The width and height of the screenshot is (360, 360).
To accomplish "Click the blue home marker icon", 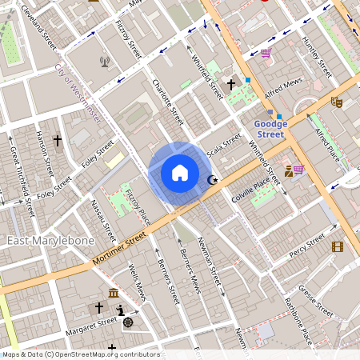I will click(180, 173).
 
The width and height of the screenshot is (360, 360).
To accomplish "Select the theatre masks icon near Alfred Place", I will click(337, 102).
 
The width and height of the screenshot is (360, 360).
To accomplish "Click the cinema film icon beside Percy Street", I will click(338, 246).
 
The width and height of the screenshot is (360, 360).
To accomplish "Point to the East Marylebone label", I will click(51, 240).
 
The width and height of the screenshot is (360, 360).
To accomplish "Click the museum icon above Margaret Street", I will click(114, 292).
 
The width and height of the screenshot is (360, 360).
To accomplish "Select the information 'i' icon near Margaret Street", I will click(120, 310).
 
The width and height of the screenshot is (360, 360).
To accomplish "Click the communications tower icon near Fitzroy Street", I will click(104, 62).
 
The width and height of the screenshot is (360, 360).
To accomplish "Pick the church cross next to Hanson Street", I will click(57, 140).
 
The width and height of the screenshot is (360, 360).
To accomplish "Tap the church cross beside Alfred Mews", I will click(231, 83).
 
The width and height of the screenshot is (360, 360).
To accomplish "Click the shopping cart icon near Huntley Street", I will click(265, 53).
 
